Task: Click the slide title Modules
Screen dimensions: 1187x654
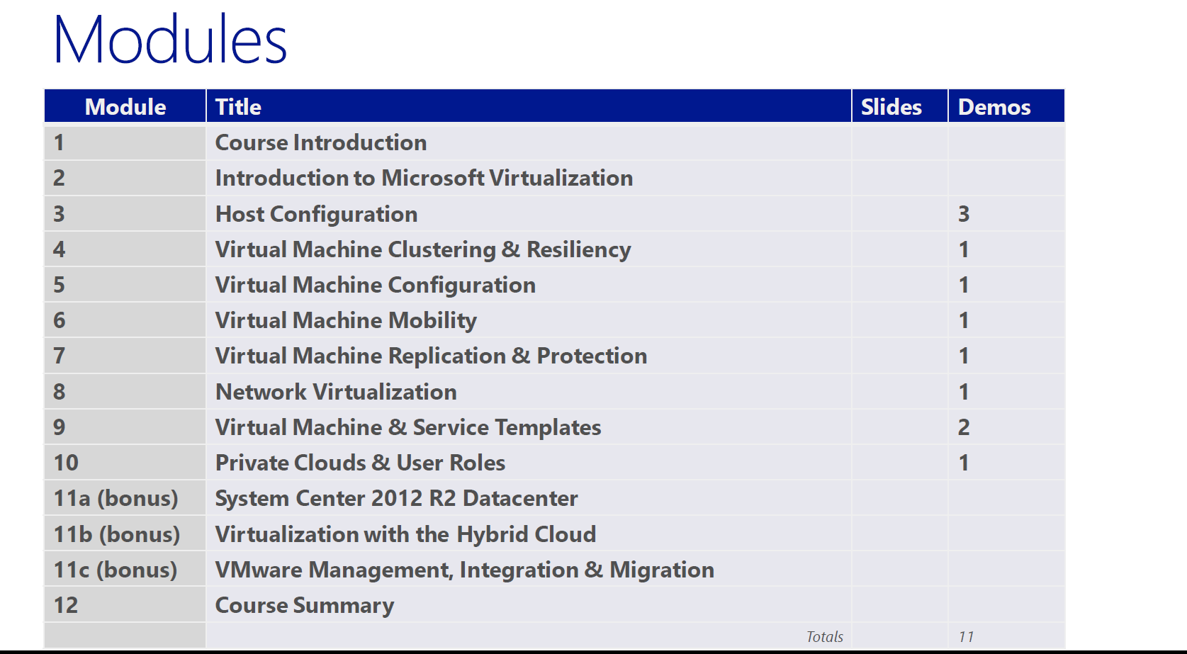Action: pyautogui.click(x=169, y=39)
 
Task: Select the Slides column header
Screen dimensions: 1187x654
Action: pyautogui.click(x=891, y=107)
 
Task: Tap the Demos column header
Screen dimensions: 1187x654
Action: pyautogui.click(x=994, y=107)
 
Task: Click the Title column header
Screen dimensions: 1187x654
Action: pyautogui.click(x=238, y=107)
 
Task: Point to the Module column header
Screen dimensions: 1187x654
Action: pyautogui.click(x=125, y=107)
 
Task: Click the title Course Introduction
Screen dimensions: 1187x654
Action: pyautogui.click(x=320, y=142)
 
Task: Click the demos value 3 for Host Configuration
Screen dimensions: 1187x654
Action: pyautogui.click(x=964, y=214)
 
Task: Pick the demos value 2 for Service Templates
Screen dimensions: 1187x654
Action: pyautogui.click(x=964, y=427)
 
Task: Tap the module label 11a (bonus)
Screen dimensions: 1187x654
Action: pyautogui.click(x=116, y=498)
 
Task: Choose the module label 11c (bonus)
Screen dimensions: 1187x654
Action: pyautogui.click(x=116, y=570)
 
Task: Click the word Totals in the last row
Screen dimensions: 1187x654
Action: pyautogui.click(x=825, y=636)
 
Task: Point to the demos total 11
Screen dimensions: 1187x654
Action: pyautogui.click(x=966, y=636)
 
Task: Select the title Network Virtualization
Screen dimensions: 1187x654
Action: pyautogui.click(x=336, y=393)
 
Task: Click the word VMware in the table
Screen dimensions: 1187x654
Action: pyautogui.click(x=259, y=570)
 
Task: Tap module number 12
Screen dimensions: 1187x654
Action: pyautogui.click(x=66, y=605)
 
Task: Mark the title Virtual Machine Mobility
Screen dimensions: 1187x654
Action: pyautogui.click(x=346, y=321)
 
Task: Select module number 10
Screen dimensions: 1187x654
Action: pyautogui.click(x=66, y=463)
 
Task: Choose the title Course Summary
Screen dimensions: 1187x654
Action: pyautogui.click(x=305, y=606)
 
